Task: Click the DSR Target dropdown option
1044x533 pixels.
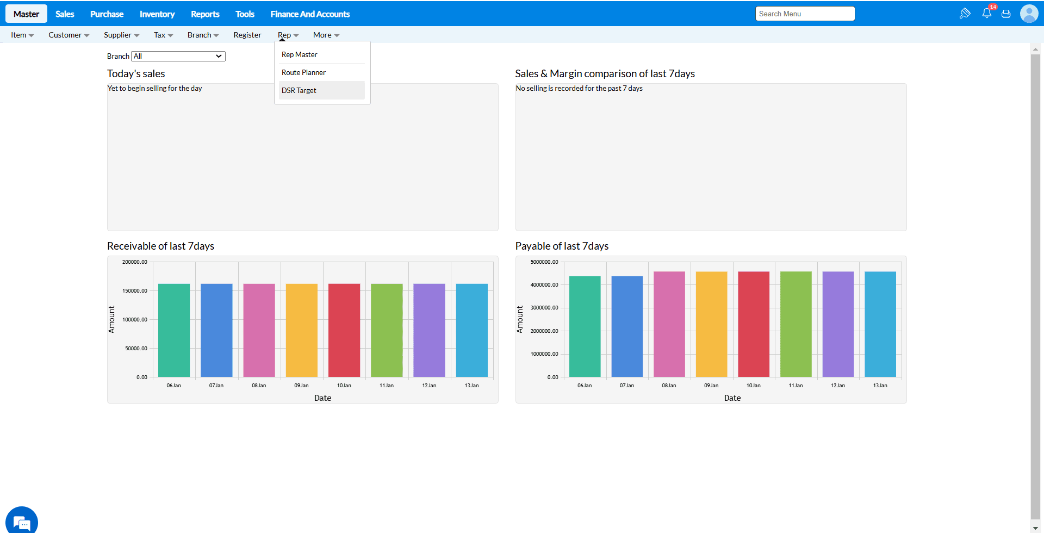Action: [x=299, y=90]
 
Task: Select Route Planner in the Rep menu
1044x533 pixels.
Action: [x=303, y=72]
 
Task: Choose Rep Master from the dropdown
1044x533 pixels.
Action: [x=300, y=54]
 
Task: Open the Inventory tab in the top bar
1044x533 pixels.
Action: [x=157, y=14]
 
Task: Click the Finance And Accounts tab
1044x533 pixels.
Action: [x=310, y=14]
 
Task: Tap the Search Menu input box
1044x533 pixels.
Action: [x=805, y=14]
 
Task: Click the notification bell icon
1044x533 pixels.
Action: [x=986, y=14]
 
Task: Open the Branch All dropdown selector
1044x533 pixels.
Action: [x=178, y=56]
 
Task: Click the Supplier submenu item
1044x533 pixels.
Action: [x=121, y=35]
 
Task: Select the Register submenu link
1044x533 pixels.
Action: [x=247, y=35]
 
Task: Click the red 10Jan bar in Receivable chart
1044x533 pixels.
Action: [x=344, y=330]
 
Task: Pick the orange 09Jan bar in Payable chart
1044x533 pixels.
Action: [x=711, y=324]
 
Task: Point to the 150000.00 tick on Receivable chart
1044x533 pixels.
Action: [x=135, y=291]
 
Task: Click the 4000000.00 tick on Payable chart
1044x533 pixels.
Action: [x=544, y=285]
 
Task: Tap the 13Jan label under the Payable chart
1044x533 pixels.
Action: [x=880, y=386]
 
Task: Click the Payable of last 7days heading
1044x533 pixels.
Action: [x=562, y=246]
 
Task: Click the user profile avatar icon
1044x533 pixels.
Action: [x=1029, y=14]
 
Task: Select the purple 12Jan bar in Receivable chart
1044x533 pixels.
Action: [x=429, y=330]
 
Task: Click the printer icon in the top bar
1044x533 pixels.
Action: [x=1006, y=14]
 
